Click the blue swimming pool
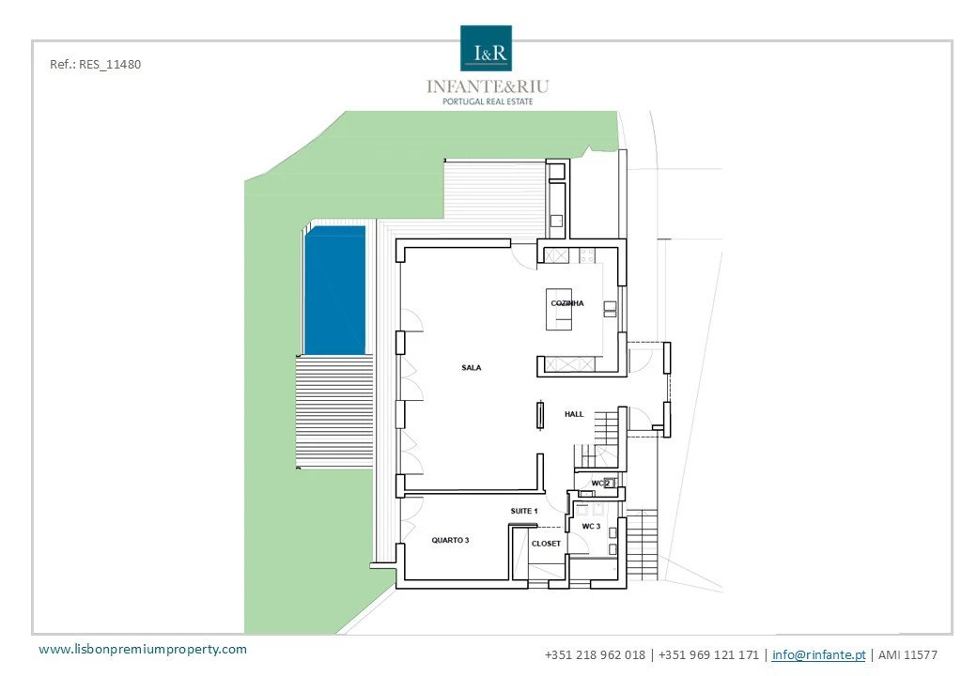[x=334, y=290]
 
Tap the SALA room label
[x=471, y=368]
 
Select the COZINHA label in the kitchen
[x=567, y=303]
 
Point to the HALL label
[x=574, y=414]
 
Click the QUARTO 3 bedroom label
[x=450, y=540]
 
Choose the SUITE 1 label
[x=523, y=511]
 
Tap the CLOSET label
[x=546, y=544]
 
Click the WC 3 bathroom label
[x=591, y=527]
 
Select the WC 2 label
[x=600, y=483]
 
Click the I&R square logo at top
[x=486, y=48]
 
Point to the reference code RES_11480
[x=95, y=64]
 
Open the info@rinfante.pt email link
[x=819, y=654]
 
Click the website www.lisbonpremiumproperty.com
[x=143, y=649]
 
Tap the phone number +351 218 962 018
[x=595, y=654]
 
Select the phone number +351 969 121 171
[x=708, y=654]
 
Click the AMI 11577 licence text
[x=907, y=654]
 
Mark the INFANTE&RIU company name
[x=488, y=86]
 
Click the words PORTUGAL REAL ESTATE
[x=488, y=101]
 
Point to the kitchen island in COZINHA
[x=559, y=309]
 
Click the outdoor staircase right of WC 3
[x=642, y=545]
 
